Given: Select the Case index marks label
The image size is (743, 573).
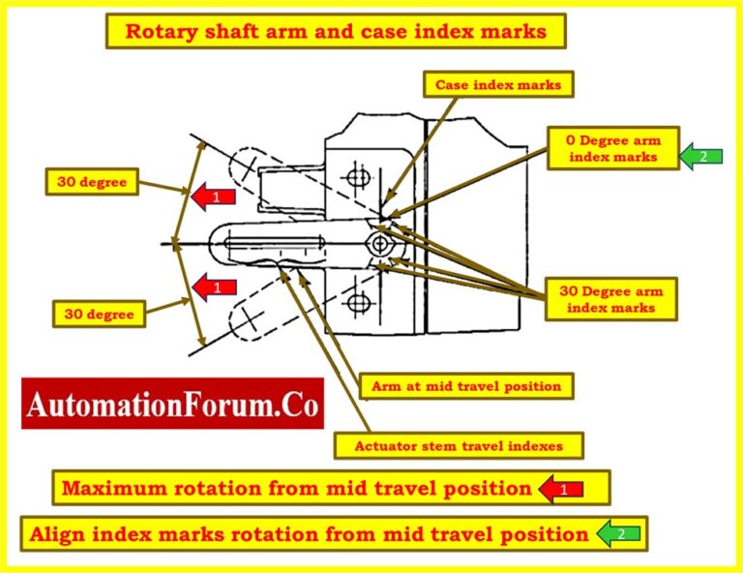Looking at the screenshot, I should point(498,85).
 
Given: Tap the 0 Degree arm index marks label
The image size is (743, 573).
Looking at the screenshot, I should point(612,148).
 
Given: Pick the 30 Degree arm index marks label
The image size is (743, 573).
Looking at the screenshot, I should point(612,299).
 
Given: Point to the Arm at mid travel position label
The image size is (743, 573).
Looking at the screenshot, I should point(466,386).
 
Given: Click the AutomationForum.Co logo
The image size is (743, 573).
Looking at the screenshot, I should point(171,405).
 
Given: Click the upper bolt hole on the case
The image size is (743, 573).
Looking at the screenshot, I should point(359,177).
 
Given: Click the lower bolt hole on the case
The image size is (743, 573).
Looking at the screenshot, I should point(359,301).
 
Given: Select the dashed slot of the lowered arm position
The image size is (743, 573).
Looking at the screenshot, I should point(250,317).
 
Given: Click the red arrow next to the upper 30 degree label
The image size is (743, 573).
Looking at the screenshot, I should point(215,197).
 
